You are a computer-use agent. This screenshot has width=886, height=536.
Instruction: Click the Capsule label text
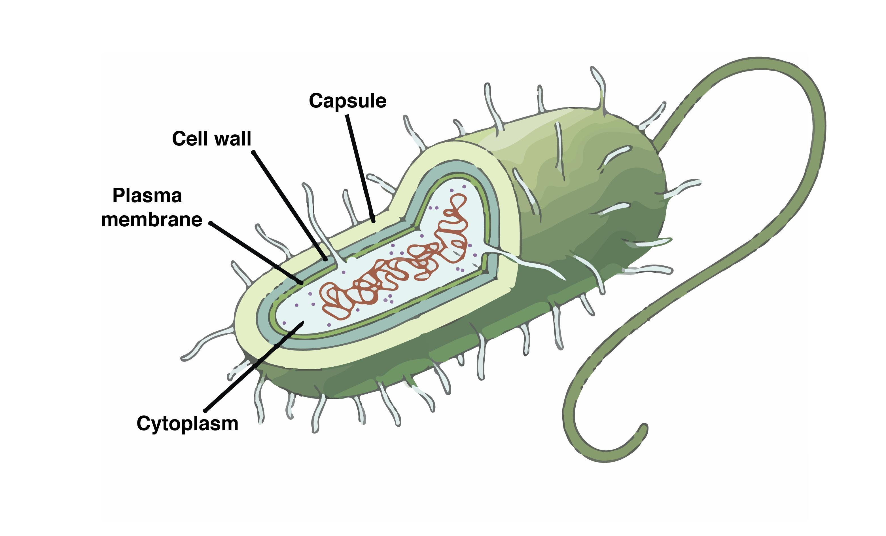348,101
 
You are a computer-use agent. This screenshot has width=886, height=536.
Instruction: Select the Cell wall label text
211,138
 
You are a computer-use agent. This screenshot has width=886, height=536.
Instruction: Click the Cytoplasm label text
187,424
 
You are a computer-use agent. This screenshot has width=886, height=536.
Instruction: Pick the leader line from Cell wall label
289,205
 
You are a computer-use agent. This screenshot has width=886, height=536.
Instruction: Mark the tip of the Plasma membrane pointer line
301,283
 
